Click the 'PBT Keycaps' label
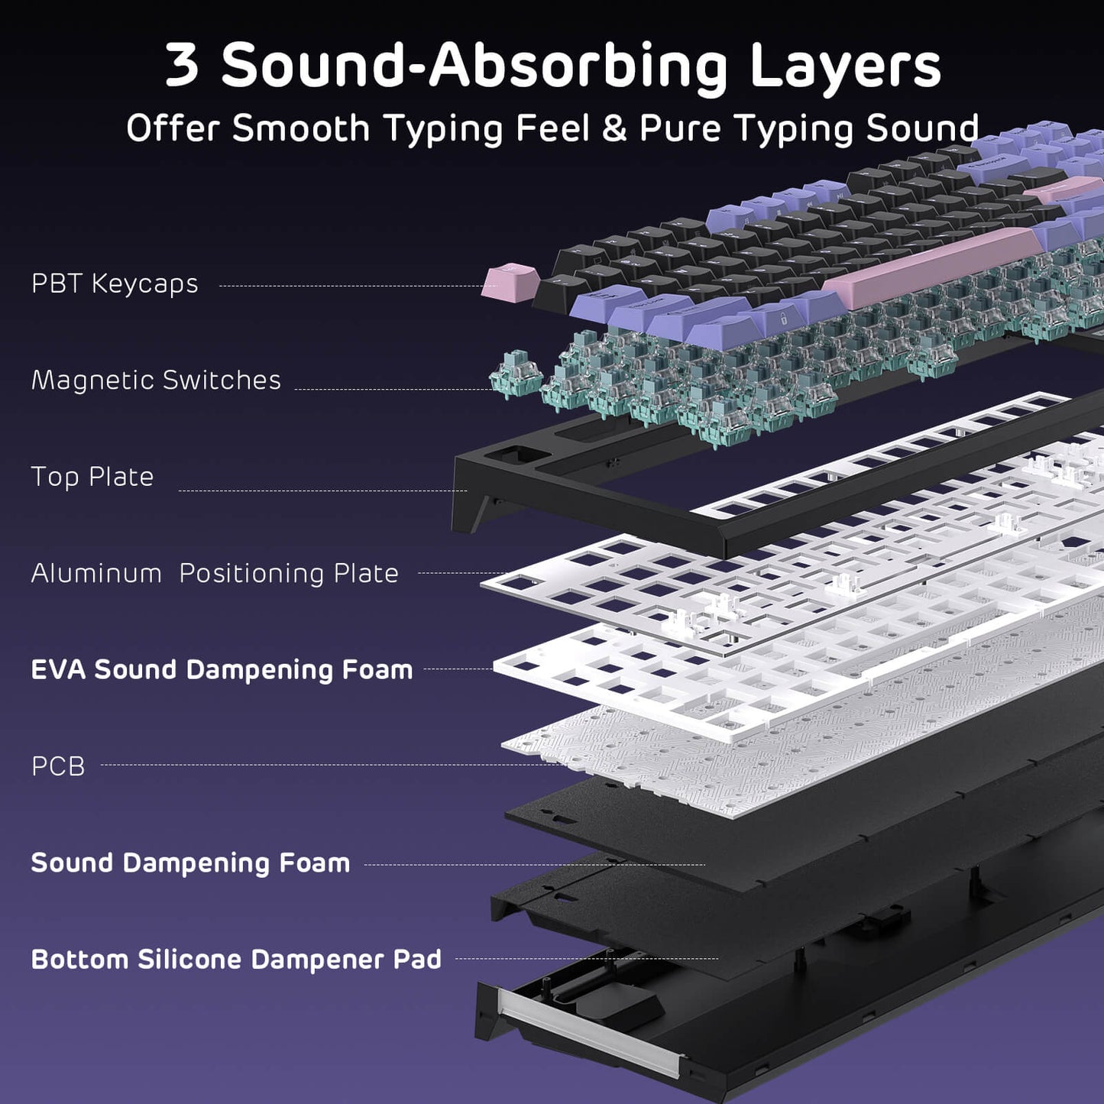pos(115,283)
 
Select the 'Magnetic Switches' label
pos(156,380)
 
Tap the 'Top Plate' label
pos(92,477)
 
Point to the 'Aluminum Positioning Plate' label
pos(215,573)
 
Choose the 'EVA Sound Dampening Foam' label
pos(222,669)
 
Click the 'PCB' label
pos(58,766)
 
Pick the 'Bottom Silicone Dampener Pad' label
pos(236,959)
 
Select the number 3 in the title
pos(182,66)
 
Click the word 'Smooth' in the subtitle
pos(301,128)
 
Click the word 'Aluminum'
pos(96,573)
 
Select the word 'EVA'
pos(58,669)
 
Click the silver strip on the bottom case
pos(588,1032)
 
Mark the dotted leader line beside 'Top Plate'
pos(321,490)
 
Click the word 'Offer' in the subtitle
pos(173,128)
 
